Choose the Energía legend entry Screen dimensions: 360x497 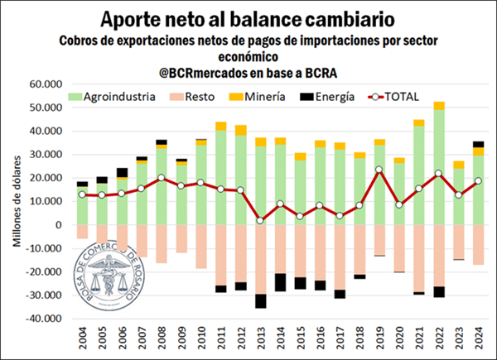click(338, 96)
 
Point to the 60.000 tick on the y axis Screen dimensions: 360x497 click(47, 84)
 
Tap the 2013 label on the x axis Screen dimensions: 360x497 click(261, 339)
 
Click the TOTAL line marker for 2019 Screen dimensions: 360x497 click(379, 170)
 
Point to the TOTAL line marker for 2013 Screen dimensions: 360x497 click(260, 220)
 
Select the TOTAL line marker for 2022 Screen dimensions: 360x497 click(438, 173)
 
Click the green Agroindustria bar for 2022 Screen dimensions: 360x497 click(438, 166)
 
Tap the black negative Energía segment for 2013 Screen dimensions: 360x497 click(260, 300)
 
